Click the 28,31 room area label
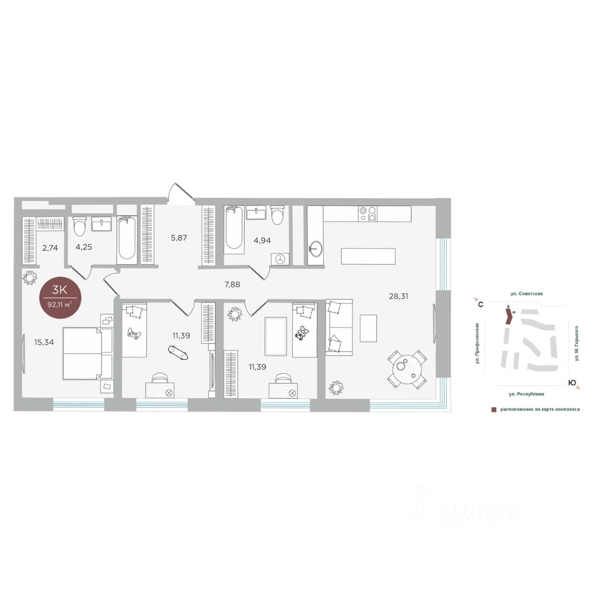(398, 296)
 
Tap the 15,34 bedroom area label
(44, 342)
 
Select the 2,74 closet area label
(50, 248)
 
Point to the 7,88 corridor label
(232, 285)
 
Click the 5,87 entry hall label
(179, 238)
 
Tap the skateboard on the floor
(178, 353)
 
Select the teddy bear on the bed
(302, 332)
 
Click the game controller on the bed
(134, 334)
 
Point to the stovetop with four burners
(368, 213)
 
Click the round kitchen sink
(315, 249)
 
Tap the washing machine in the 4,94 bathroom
(280, 259)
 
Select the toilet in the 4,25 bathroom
(80, 226)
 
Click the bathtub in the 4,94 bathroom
(234, 228)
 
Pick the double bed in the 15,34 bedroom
(88, 353)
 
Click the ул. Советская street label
(526, 293)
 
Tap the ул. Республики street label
(527, 394)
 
